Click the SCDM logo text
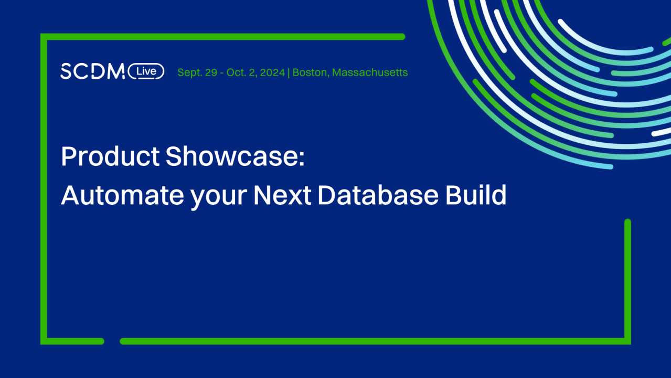[x=92, y=71]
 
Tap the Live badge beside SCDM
[x=146, y=71]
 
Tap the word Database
[x=378, y=195]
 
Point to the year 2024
[x=272, y=72]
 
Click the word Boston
[x=310, y=72]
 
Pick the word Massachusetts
[x=370, y=72]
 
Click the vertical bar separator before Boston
[x=289, y=72]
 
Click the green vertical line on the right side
[x=627, y=278]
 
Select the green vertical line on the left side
[x=44, y=189]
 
